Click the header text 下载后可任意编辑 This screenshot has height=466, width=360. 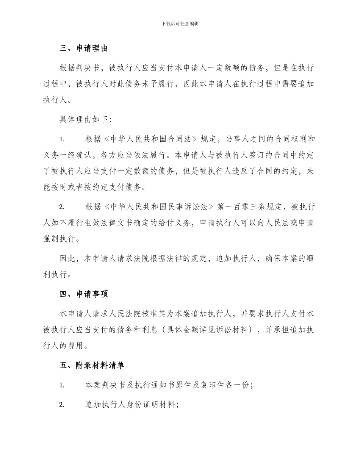pos(180,23)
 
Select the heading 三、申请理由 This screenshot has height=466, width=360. pos(84,48)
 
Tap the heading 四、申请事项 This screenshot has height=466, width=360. pos(84,294)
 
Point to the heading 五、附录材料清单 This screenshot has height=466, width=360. pos(92,366)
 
